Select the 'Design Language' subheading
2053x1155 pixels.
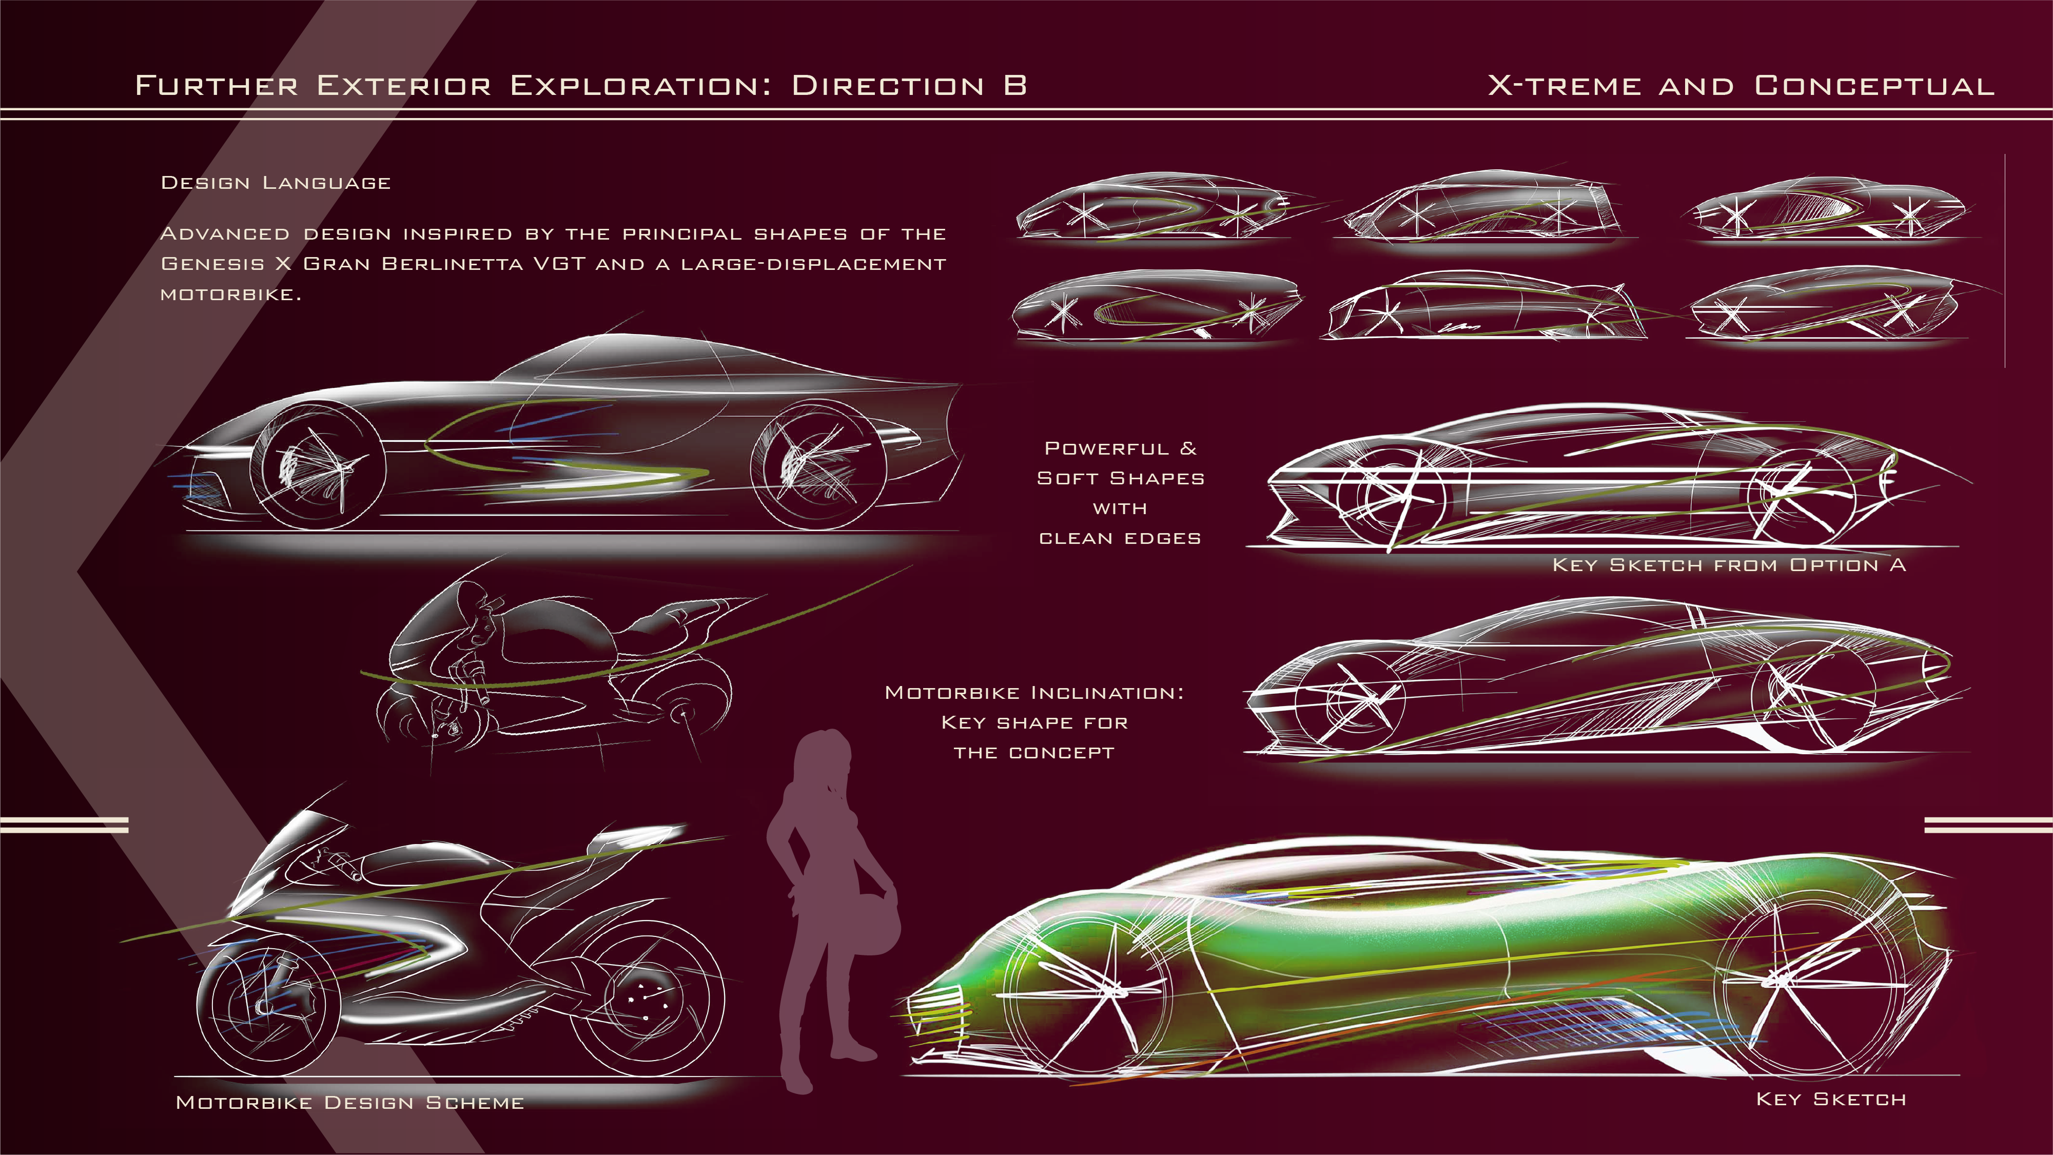pyautogui.click(x=276, y=183)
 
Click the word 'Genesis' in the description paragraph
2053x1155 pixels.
pyautogui.click(x=213, y=264)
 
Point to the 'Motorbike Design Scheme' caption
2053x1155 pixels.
pyautogui.click(x=350, y=1102)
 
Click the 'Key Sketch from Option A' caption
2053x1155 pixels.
pyautogui.click(x=1729, y=565)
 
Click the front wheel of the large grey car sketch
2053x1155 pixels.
pyautogui.click(x=318, y=466)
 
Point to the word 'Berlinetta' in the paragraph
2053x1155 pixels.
pyautogui.click(x=452, y=264)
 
